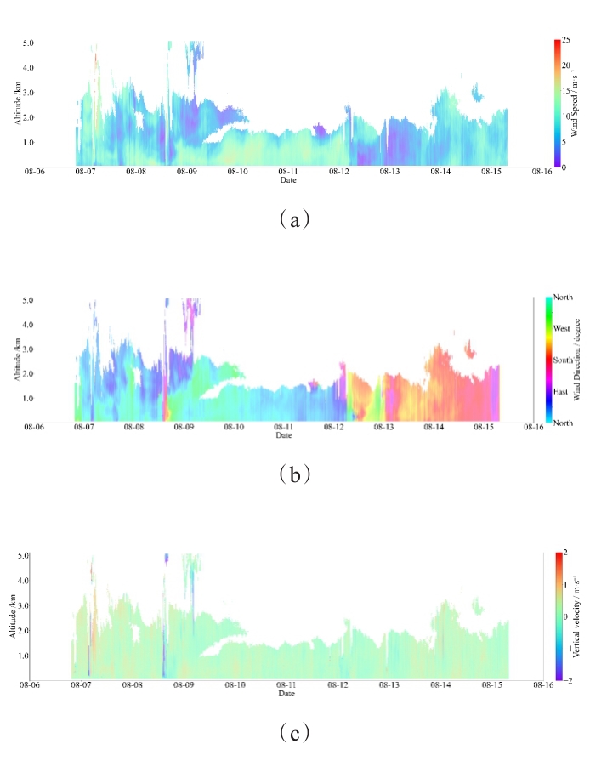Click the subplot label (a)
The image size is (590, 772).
[x=294, y=219]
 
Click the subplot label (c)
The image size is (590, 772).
[x=294, y=731]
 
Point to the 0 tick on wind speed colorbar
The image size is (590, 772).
[x=564, y=167]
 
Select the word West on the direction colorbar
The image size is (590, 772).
[x=562, y=327]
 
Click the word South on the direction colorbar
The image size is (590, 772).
[x=563, y=360]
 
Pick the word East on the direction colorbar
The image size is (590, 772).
[x=561, y=392]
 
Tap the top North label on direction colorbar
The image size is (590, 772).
[x=563, y=297]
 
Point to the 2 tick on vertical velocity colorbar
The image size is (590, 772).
[x=565, y=554]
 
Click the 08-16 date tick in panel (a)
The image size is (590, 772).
[x=542, y=172]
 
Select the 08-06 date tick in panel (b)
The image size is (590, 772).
[x=33, y=428]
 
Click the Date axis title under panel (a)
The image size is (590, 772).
[x=288, y=179]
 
